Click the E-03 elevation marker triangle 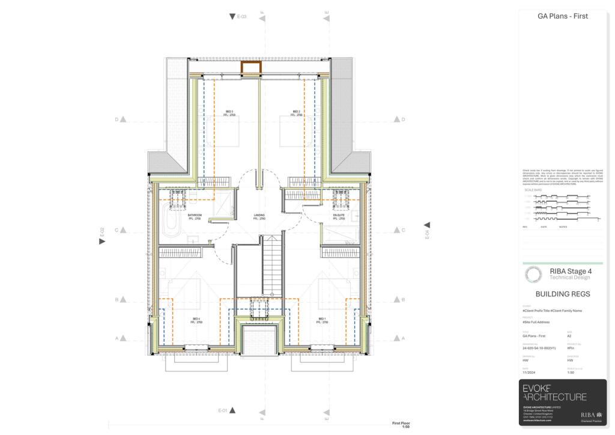(232, 17)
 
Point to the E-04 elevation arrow (427, 225)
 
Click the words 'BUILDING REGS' (562, 294)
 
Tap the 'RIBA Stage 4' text (570, 272)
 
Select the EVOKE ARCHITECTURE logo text (554, 393)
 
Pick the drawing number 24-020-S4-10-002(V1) (539, 348)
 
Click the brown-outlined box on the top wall (249, 67)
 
